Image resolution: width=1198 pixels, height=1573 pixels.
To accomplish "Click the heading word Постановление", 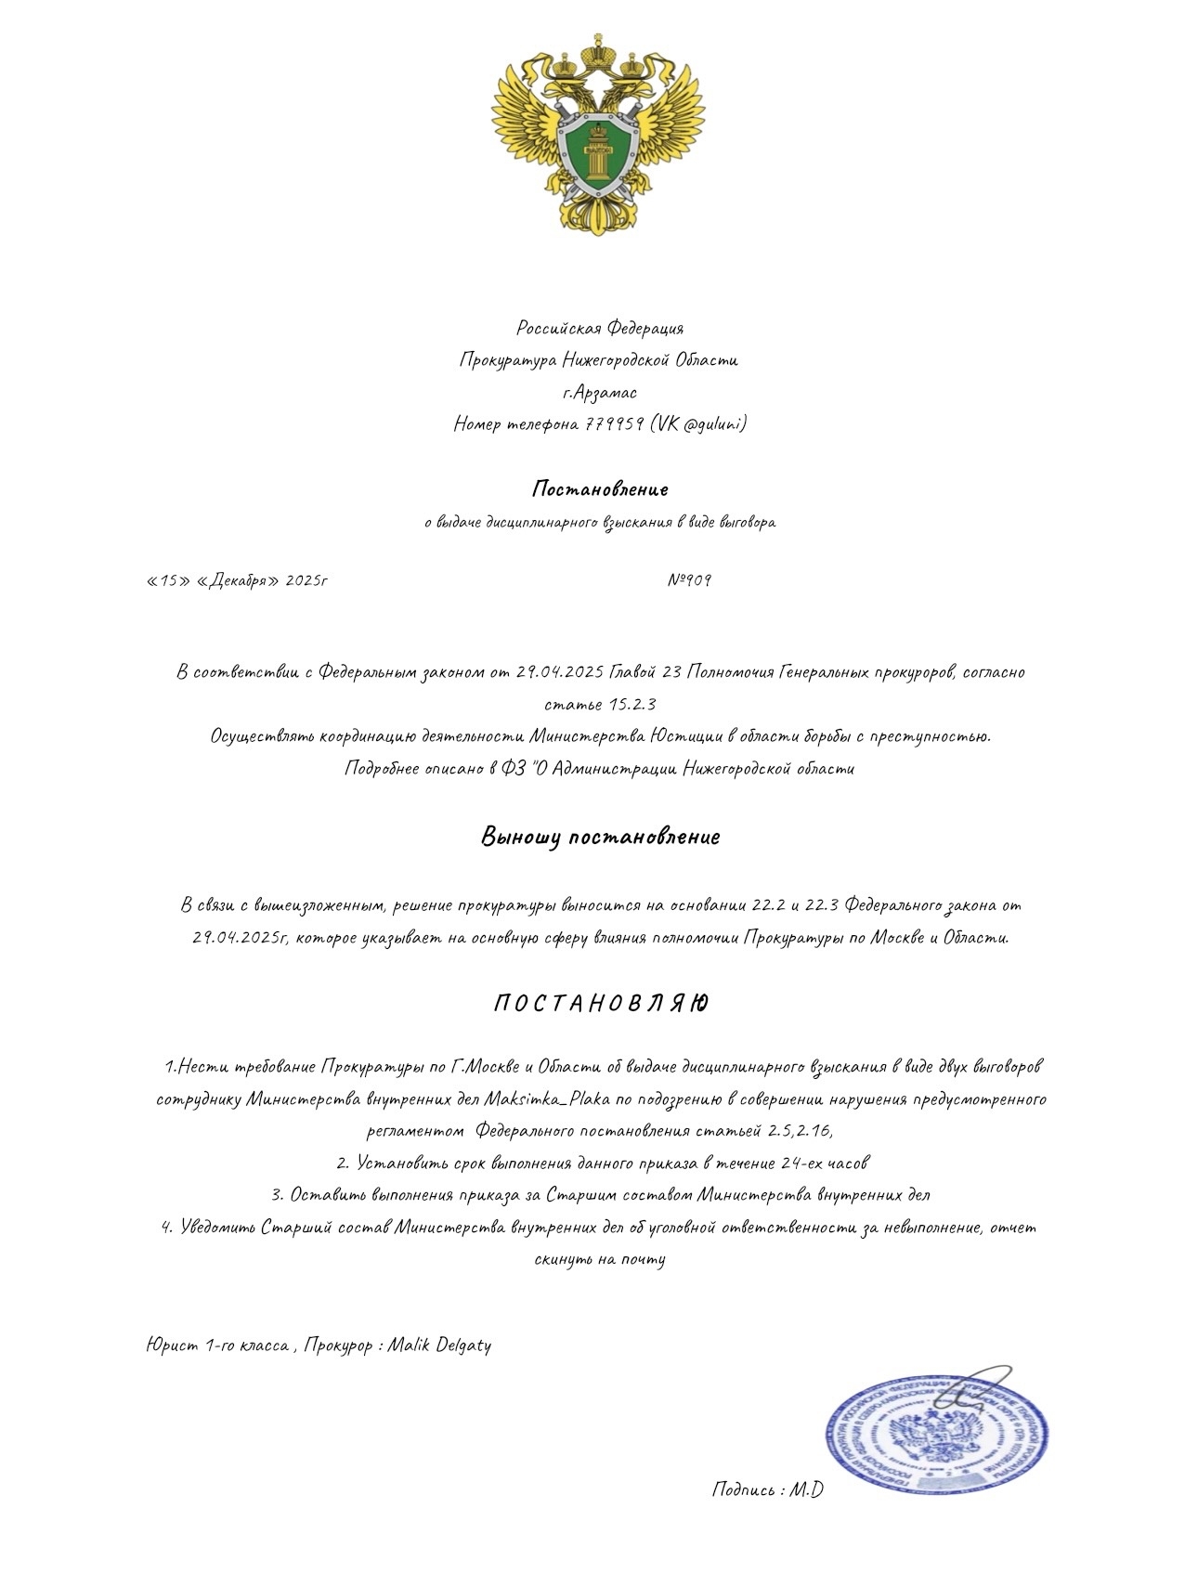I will (x=600, y=488).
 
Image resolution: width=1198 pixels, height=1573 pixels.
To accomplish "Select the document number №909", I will (x=690, y=580).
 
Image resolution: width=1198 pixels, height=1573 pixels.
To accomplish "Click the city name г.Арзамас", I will (x=600, y=392).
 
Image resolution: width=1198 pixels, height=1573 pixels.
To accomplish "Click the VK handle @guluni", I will (x=714, y=424).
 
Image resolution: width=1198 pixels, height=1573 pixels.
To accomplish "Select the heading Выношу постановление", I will (x=600, y=837).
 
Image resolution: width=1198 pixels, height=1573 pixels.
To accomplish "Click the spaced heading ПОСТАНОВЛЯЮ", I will (x=601, y=1004).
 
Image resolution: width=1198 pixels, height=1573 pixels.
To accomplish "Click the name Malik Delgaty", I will (x=439, y=1345).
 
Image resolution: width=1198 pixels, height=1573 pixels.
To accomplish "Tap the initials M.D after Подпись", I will (x=807, y=1489).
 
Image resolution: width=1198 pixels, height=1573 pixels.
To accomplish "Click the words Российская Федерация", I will (x=600, y=328).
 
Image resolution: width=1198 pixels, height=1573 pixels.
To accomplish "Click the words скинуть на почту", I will (x=600, y=1259).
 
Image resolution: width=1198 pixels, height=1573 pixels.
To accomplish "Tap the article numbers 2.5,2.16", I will (x=800, y=1131).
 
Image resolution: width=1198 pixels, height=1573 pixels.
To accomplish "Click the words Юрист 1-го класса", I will (x=217, y=1345).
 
